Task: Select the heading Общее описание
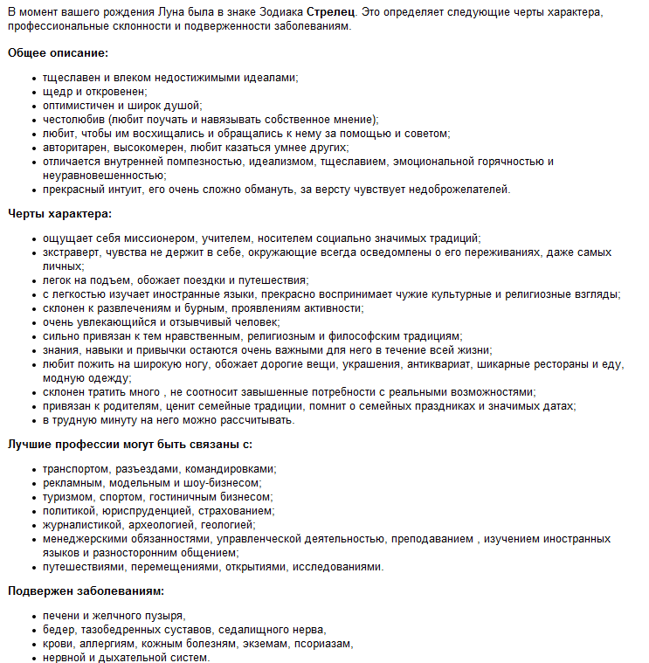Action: tap(59, 53)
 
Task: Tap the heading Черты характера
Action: tap(60, 213)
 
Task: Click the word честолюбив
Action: tap(76, 120)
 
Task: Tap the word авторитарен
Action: tap(77, 148)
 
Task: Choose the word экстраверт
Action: tap(72, 252)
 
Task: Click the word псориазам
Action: tap(321, 644)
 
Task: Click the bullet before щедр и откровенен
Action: tap(33, 92)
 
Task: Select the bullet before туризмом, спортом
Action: tap(33, 497)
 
